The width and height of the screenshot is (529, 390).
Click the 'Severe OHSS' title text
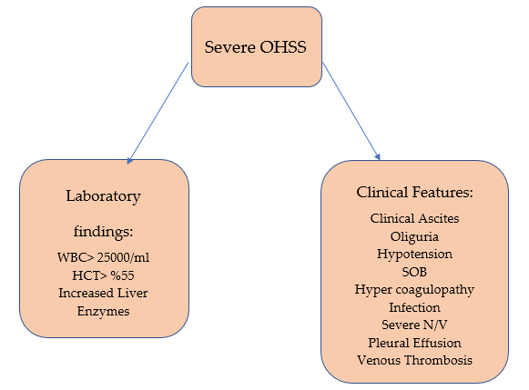(x=255, y=46)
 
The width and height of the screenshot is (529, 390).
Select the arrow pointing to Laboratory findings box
(x=158, y=113)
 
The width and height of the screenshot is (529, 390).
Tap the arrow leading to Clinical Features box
(x=351, y=111)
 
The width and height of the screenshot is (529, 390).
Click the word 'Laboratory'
(x=103, y=196)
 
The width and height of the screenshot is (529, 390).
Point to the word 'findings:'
(x=103, y=232)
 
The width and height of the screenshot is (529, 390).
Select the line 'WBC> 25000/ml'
(x=103, y=257)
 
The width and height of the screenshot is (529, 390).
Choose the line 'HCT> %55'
(x=103, y=275)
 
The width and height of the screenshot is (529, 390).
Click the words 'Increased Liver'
(x=103, y=293)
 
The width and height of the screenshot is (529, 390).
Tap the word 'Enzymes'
(x=103, y=311)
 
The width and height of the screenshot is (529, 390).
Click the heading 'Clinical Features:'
(x=414, y=193)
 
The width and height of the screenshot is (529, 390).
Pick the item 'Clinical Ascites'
(x=414, y=218)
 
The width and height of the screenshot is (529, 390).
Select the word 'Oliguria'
(x=414, y=236)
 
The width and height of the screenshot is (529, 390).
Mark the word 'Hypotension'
(x=414, y=255)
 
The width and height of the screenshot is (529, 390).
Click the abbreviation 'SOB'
(x=414, y=272)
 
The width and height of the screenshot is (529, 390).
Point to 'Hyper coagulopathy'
(x=414, y=290)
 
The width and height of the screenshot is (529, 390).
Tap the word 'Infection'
(x=414, y=307)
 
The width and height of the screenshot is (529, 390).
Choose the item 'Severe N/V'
(x=414, y=325)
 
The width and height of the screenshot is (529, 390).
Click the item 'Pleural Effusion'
(x=414, y=343)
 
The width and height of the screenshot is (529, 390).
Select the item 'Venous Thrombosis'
(x=414, y=360)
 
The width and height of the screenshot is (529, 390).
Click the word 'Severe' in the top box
(x=230, y=46)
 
